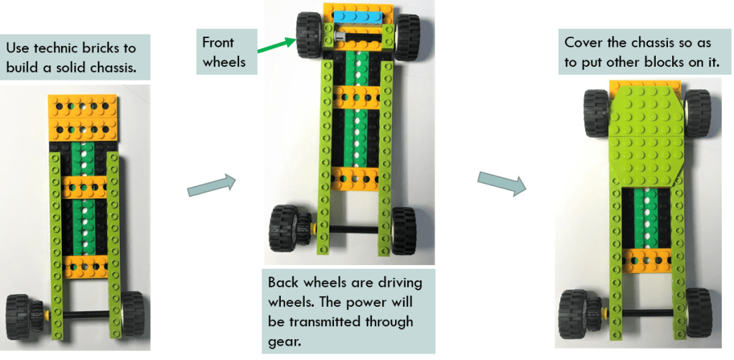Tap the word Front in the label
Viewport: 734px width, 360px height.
click(218, 42)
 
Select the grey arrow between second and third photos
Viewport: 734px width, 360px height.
click(501, 182)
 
